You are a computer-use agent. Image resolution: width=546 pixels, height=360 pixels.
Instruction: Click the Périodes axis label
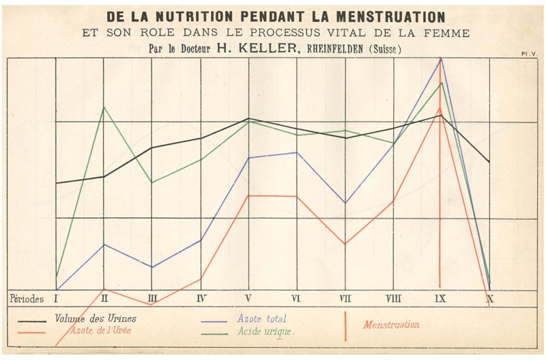27,299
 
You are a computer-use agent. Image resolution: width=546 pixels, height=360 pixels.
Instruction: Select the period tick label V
248,298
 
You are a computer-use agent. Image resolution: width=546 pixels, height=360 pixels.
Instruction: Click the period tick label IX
441,298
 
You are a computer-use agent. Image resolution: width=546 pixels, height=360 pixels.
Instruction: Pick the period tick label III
152,298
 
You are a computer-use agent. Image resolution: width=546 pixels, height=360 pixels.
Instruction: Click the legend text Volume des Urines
95,318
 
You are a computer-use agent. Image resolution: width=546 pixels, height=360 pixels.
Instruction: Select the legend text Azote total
262,319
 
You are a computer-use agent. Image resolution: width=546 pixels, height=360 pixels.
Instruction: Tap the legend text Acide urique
265,331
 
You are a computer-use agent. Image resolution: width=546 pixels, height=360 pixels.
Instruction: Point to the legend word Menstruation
391,324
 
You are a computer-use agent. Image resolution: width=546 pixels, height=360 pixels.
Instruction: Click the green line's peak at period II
104,107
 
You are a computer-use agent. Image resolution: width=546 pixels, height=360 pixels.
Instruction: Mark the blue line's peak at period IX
442,58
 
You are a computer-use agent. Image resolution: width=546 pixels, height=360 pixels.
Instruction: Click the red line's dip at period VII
345,244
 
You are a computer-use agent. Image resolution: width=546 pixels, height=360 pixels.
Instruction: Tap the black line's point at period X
489,162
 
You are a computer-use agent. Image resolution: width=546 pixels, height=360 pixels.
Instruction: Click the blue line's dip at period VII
345,203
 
